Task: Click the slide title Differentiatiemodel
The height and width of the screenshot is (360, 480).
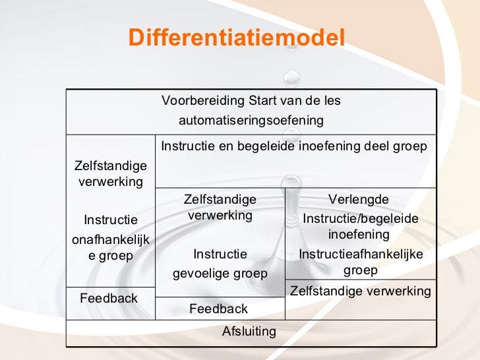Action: [237, 38]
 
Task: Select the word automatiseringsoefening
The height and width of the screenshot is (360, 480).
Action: [251, 121]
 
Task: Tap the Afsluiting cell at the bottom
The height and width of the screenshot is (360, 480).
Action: [249, 332]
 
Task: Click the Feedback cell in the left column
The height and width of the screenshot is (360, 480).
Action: [109, 298]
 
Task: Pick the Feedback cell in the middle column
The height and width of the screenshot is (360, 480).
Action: [218, 309]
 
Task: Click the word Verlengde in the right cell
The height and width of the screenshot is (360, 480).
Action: [359, 199]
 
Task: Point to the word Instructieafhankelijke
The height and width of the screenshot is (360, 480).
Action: [360, 255]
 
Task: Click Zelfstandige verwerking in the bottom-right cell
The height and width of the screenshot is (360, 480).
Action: [361, 291]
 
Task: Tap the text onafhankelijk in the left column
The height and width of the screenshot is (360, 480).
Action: [110, 241]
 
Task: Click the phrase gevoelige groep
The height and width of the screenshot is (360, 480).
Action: [220, 273]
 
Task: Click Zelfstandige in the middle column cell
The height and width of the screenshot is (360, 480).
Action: [220, 199]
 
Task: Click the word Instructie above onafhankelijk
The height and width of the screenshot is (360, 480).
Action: [110, 220]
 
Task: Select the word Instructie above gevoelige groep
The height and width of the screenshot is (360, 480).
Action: [220, 254]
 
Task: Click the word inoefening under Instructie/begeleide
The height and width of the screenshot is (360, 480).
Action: [359, 235]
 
